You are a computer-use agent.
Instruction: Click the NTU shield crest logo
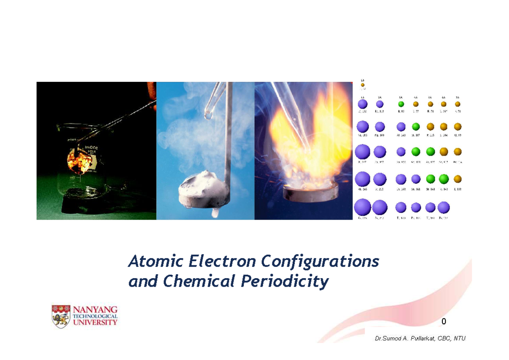[x=61, y=316]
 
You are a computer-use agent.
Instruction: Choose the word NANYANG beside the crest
[x=96, y=309]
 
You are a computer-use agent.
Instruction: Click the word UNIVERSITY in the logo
[x=96, y=322]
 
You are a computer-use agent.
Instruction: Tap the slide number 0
[x=444, y=322]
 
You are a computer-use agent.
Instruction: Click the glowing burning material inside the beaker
[x=78, y=163]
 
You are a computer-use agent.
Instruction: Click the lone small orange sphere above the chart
[x=363, y=85]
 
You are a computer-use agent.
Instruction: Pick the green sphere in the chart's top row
[x=401, y=104]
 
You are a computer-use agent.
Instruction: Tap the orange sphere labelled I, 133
[x=458, y=179]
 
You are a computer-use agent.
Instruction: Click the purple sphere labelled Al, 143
[x=401, y=126]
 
